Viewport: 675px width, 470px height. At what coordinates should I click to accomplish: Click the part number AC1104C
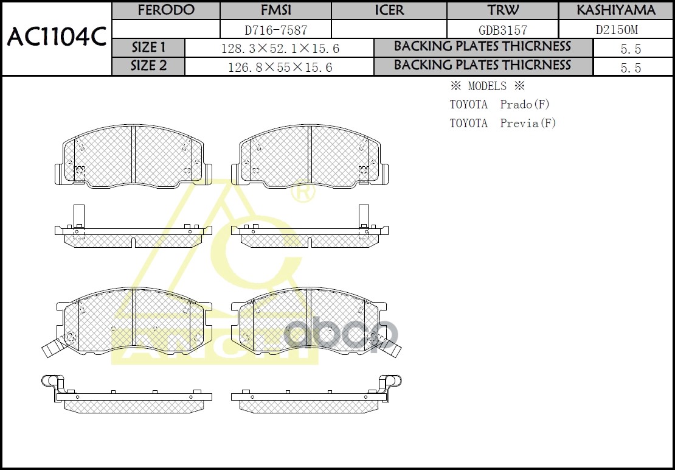(x=57, y=38)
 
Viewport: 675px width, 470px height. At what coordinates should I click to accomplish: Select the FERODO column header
(x=166, y=10)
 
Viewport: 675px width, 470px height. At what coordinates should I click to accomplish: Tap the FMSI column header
(x=275, y=10)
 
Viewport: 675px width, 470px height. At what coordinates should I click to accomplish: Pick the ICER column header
(x=389, y=10)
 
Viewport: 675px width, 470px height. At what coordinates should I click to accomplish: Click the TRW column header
(x=502, y=10)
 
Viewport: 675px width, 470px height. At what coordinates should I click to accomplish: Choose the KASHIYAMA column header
(x=615, y=10)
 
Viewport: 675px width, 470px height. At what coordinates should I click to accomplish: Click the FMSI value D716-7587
(x=275, y=30)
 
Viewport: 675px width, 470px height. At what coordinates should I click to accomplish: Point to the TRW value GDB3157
(x=502, y=30)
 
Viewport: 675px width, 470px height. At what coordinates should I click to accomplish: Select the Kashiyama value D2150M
(x=615, y=30)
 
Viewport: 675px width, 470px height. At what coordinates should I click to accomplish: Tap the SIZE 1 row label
(x=148, y=48)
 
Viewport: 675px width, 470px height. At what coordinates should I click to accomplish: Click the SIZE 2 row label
(x=148, y=66)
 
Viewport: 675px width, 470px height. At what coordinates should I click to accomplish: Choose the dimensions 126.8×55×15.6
(x=279, y=68)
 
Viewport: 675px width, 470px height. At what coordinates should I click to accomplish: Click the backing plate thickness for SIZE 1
(x=631, y=49)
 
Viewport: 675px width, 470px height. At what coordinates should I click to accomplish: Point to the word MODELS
(x=486, y=86)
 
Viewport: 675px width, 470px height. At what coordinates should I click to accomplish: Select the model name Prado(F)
(x=525, y=105)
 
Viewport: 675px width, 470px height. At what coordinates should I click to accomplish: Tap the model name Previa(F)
(x=528, y=124)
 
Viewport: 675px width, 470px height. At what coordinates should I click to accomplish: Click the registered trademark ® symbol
(x=302, y=194)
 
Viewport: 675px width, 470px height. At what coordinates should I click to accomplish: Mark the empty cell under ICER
(x=389, y=30)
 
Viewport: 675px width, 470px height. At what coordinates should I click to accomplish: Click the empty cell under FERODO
(x=166, y=30)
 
